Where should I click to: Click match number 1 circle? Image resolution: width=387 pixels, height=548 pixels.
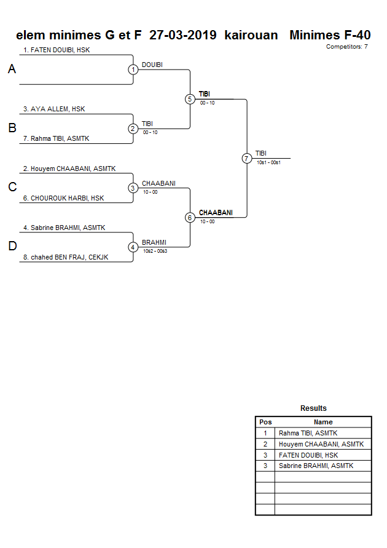[133, 69]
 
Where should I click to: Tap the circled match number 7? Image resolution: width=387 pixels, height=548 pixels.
[246, 159]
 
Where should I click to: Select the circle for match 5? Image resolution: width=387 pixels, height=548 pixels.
[190, 99]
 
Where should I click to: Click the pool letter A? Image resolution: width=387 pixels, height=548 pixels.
[12, 69]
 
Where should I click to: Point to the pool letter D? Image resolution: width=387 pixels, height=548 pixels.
[12, 247]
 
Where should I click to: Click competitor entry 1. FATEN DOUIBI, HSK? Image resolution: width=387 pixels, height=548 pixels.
[57, 50]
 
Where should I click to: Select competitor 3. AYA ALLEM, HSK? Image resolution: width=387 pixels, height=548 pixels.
[54, 109]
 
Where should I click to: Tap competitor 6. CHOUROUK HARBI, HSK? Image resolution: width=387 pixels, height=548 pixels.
[63, 198]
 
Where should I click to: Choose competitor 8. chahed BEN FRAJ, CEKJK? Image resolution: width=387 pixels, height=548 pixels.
[69, 257]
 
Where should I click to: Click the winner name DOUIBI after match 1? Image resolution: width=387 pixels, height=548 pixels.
[152, 65]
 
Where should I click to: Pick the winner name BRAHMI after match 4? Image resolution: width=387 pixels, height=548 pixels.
[154, 242]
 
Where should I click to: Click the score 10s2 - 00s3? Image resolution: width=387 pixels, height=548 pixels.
[155, 251]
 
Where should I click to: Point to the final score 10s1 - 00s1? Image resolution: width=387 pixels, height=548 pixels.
[268, 162]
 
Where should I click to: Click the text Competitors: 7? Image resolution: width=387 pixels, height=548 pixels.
[347, 47]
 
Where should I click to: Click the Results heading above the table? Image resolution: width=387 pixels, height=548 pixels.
[313, 408]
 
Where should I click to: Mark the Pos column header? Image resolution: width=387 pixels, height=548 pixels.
[265, 422]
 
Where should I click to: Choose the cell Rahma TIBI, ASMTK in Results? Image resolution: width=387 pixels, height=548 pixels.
[308, 433]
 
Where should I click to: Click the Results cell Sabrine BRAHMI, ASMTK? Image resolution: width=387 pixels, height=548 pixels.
[316, 466]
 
